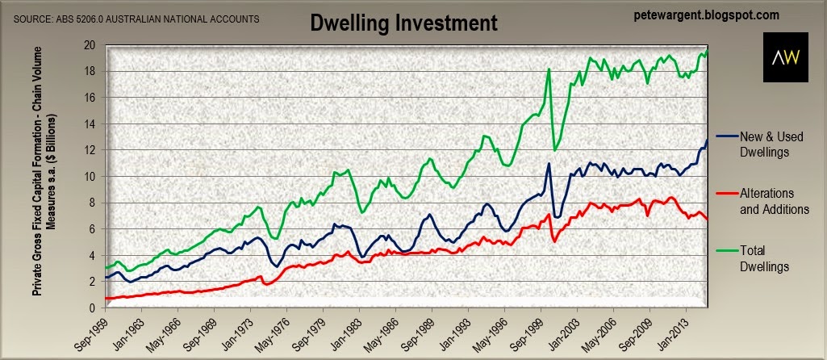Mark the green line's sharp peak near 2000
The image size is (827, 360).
point(549,69)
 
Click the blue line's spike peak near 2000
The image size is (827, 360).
point(549,164)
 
